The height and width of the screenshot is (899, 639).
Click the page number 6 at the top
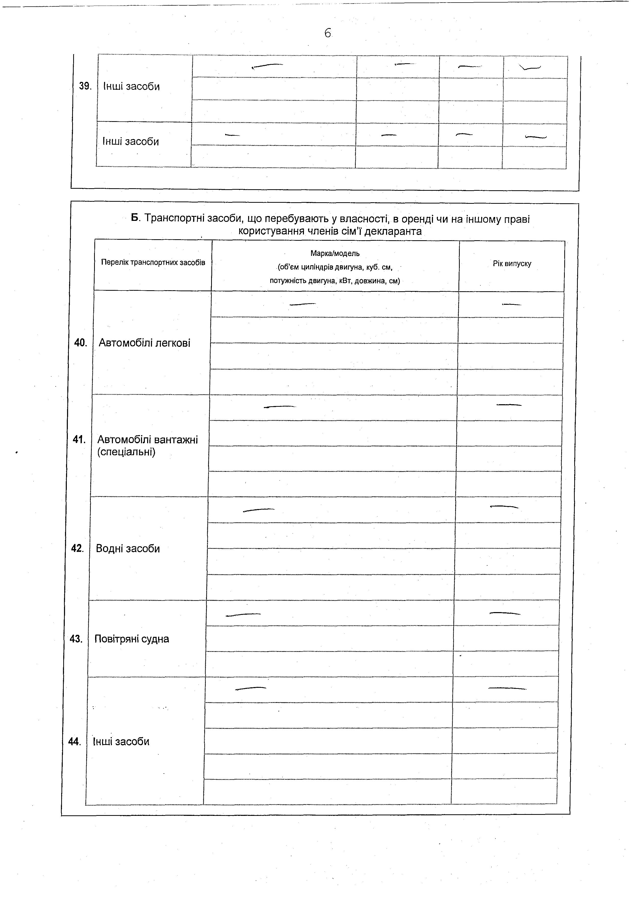(x=327, y=33)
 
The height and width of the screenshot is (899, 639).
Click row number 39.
(x=85, y=86)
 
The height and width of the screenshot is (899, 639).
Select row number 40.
(x=80, y=343)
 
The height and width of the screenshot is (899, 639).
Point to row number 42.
(x=78, y=548)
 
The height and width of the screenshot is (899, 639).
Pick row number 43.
(x=76, y=639)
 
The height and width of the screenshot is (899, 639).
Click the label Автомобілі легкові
(x=144, y=343)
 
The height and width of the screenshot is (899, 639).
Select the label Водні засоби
(x=128, y=548)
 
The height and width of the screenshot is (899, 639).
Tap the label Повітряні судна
(x=132, y=639)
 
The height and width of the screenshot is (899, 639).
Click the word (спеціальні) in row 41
(x=126, y=452)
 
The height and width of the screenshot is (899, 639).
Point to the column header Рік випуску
(x=512, y=264)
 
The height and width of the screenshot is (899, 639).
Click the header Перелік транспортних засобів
(x=153, y=262)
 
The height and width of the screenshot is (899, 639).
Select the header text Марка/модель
(x=335, y=253)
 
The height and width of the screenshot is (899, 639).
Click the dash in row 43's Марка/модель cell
(x=243, y=615)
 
